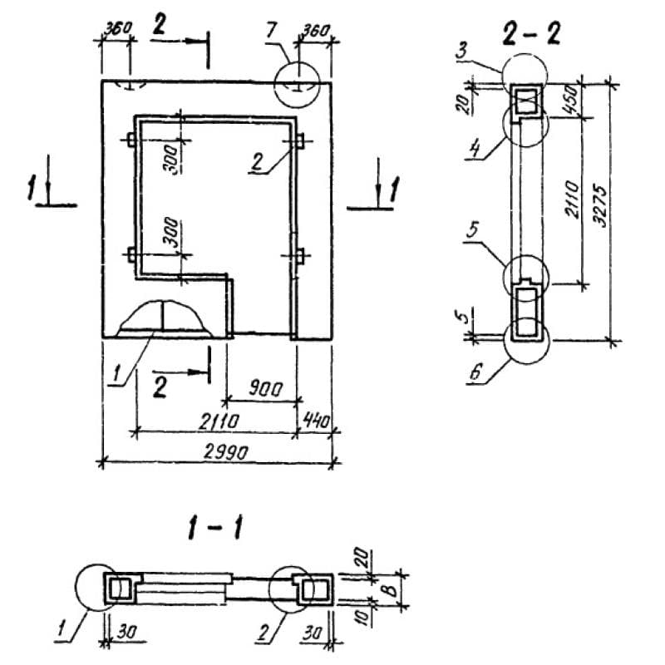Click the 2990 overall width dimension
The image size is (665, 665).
click(219, 451)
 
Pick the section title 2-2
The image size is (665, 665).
click(531, 35)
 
